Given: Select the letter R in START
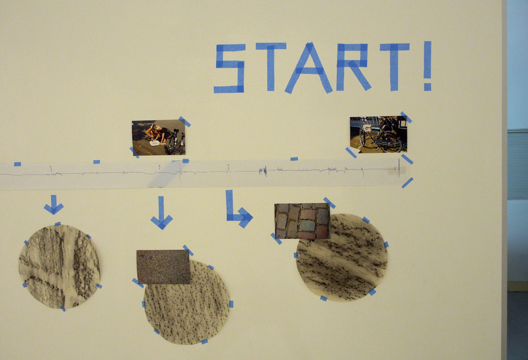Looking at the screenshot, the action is [x=353, y=67].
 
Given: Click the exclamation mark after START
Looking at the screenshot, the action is [x=427, y=66].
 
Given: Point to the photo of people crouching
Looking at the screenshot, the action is [x=158, y=137].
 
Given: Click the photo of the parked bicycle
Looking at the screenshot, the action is [x=378, y=134].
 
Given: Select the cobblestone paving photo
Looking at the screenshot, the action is [x=302, y=221].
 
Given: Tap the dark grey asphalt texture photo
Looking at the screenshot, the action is [x=163, y=267].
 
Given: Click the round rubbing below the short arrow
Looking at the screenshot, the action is [x=59, y=266].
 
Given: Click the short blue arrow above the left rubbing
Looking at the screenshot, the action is [x=53, y=204].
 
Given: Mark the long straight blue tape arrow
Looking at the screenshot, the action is [x=162, y=213].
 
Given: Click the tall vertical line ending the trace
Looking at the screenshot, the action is [x=399, y=167].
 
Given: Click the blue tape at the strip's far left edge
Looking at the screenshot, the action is [x=17, y=164].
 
